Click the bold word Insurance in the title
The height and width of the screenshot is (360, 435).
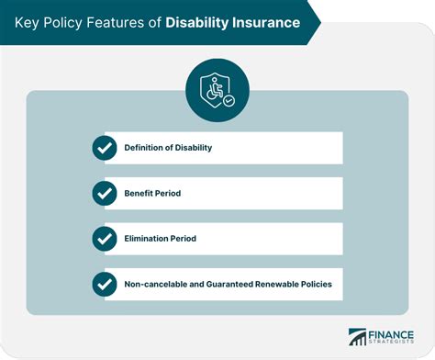[265, 21]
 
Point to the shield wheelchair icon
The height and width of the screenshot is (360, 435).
[217, 90]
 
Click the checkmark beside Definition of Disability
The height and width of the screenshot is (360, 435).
[105, 147]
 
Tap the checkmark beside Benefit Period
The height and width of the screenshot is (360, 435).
[105, 193]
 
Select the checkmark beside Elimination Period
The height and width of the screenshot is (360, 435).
[105, 239]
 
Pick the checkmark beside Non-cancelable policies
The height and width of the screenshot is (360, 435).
[105, 284]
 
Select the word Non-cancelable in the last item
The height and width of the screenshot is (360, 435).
[157, 285]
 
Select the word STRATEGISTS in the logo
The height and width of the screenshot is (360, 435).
[392, 344]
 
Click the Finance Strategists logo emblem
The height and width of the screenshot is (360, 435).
[357, 339]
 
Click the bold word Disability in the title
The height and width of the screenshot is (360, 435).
[197, 21]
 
